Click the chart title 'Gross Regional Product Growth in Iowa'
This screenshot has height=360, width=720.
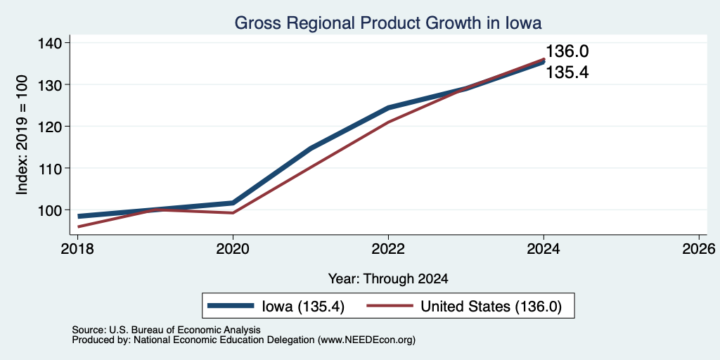pos(388,22)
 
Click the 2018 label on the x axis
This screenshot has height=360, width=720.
pos(77,249)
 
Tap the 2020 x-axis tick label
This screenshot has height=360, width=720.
pos(233,249)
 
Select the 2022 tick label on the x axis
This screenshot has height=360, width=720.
pos(388,249)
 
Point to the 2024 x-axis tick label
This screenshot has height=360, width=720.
pos(544,249)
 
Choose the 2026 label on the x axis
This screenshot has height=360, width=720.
pos(699,249)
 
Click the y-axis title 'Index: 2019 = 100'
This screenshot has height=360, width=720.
pos(22,135)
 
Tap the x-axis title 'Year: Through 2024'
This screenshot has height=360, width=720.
pos(388,278)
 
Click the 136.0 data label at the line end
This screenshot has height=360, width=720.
pos(567,51)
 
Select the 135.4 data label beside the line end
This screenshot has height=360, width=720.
pos(567,72)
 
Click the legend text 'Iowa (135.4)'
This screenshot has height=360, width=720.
pos(303,307)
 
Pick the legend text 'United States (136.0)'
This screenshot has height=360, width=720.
pos(491,307)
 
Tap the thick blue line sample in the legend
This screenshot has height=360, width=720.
pos(231,306)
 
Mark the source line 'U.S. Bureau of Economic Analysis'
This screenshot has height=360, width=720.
pos(185,330)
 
